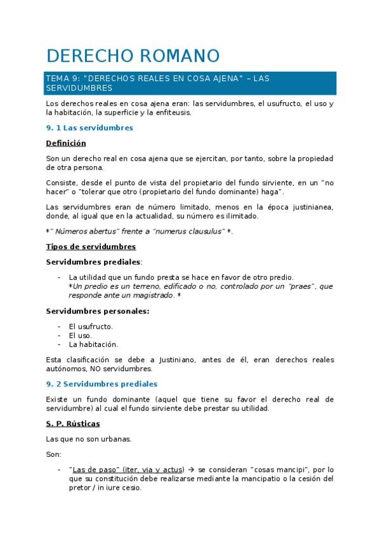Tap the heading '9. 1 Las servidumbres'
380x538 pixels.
point(89,128)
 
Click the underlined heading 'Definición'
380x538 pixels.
point(66,143)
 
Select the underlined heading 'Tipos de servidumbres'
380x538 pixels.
point(91,246)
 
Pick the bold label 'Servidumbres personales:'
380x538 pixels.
point(98,311)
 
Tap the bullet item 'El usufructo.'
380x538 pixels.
point(91,326)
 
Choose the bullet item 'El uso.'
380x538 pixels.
point(81,335)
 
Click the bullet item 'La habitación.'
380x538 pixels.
point(93,344)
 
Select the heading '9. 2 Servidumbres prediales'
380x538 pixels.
point(102,384)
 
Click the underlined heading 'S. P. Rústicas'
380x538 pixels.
point(73,423)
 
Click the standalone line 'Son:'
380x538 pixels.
point(54,454)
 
